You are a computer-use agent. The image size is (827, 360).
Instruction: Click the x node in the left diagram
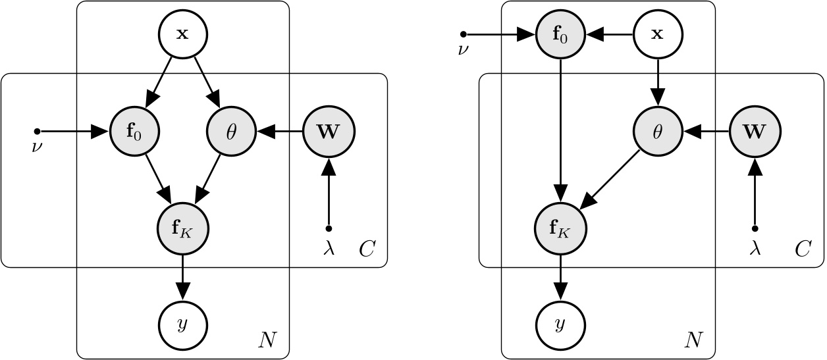tap(182, 34)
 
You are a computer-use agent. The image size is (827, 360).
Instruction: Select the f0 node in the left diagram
tap(134, 132)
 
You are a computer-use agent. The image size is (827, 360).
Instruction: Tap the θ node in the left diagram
tap(231, 132)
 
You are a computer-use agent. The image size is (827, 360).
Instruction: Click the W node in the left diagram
tap(329, 132)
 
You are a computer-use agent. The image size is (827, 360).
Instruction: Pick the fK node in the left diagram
tap(182, 228)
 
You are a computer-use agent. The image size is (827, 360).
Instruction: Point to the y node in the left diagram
tap(182, 324)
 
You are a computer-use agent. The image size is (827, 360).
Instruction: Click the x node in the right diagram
tap(657, 34)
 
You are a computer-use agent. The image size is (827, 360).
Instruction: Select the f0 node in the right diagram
tap(560, 34)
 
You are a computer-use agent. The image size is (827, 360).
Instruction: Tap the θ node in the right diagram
tap(657, 132)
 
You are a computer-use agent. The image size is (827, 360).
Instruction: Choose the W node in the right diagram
tap(755, 132)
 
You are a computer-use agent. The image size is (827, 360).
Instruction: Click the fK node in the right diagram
tap(560, 228)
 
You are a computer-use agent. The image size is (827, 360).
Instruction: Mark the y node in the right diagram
tap(560, 324)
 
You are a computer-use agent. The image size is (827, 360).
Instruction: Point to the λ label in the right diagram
tap(755, 248)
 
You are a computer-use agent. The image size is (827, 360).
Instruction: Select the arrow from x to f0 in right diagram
tap(608, 34)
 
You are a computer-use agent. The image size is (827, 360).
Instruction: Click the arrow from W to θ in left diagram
tap(280, 132)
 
